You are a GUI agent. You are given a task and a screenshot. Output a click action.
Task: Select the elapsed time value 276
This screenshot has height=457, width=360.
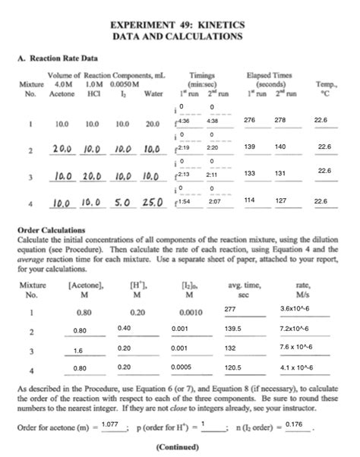coord(249,120)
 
